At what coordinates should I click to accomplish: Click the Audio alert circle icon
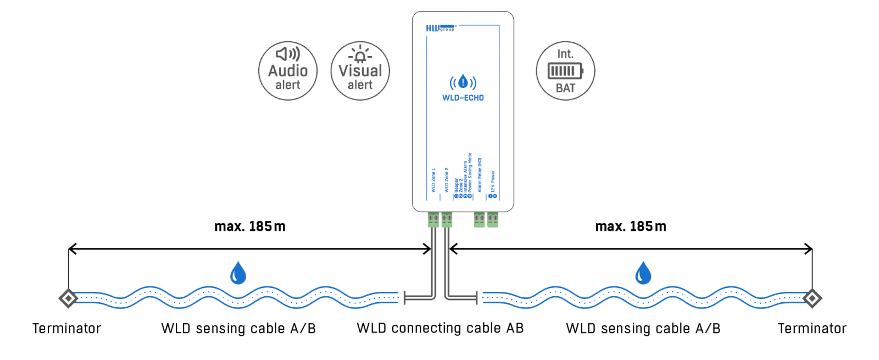pos(288,71)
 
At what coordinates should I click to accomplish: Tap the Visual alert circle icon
pos(360,71)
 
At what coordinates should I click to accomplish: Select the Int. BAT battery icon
pos(565,71)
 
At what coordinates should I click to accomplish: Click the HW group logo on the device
pos(440,28)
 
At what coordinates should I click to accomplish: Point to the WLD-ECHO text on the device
pos(463,98)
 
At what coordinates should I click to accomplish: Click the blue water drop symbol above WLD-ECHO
pos(463,82)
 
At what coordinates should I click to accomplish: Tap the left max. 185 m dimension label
pos(250,226)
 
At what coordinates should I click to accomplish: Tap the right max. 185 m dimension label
pos(631,226)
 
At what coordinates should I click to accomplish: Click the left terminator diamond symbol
pos(68,298)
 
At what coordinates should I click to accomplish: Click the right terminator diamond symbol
pos(812,298)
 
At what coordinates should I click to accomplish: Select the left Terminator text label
pos(67,329)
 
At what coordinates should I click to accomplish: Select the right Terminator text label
pos(812,329)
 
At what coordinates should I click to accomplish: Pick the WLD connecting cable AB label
pos(440,328)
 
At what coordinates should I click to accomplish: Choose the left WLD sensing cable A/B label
pos(238,329)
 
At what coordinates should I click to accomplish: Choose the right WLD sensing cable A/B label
pos(643,329)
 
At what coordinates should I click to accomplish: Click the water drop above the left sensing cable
pos(238,273)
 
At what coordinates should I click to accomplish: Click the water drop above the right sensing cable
pos(643,273)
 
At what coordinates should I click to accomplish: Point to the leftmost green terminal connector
pos(433,220)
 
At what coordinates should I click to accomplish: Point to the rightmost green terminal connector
pos(493,220)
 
